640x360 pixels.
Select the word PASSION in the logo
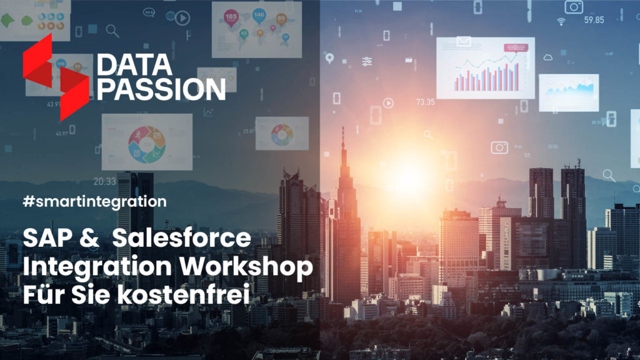pyautogui.click(x=161, y=89)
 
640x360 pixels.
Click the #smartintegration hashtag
pyautogui.click(x=95, y=202)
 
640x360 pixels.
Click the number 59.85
pyautogui.click(x=594, y=20)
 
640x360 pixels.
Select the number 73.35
pyautogui.click(x=425, y=102)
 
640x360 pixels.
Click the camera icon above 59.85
pyautogui.click(x=574, y=7)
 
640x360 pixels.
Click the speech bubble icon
pyautogui.click(x=149, y=11)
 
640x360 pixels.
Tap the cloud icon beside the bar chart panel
pyautogui.click(x=548, y=57)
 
